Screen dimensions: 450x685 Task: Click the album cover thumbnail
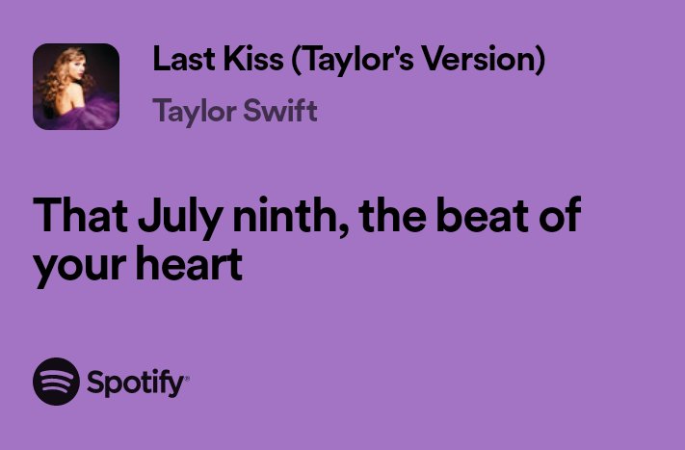click(x=76, y=87)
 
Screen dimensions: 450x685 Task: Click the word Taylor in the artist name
click(x=191, y=112)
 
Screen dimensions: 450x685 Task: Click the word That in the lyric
click(x=78, y=217)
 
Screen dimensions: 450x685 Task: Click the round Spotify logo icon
click(x=56, y=383)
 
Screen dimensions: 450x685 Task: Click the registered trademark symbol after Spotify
click(x=187, y=378)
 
